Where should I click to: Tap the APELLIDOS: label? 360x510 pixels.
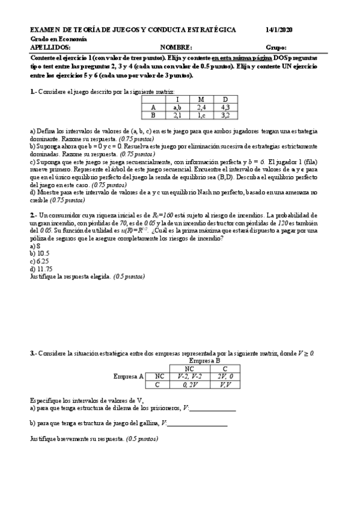click(x=50, y=47)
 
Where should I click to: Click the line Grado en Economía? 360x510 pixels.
click(x=58, y=38)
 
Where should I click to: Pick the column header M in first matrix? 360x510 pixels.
click(x=201, y=99)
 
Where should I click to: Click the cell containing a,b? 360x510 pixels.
click(x=177, y=106)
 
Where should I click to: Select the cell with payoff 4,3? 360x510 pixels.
click(x=225, y=106)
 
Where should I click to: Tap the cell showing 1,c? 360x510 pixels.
click(x=201, y=114)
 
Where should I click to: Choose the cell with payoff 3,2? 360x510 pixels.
click(x=225, y=114)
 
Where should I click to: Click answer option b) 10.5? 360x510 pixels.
click(x=40, y=254)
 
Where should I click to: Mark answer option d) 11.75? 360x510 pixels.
click(x=41, y=269)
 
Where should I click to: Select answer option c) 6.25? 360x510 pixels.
click(x=40, y=261)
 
